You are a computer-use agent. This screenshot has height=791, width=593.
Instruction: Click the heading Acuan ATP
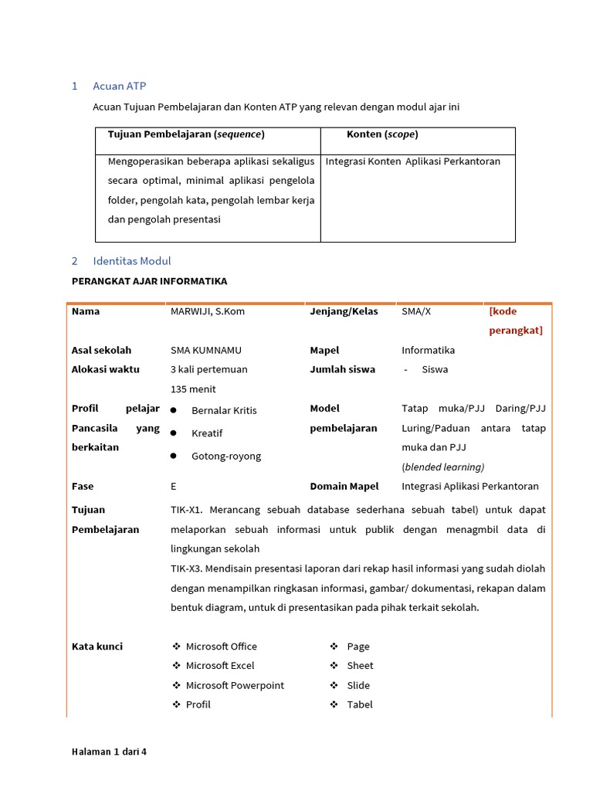[119, 86]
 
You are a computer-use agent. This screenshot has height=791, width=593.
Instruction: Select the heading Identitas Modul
[131, 261]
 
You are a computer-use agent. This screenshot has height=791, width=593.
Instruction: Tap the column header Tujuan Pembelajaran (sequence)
[186, 134]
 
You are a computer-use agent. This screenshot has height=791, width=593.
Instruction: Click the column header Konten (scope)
[382, 134]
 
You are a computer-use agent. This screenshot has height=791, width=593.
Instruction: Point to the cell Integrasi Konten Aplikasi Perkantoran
[413, 161]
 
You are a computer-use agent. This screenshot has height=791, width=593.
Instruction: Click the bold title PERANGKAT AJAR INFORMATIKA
[149, 281]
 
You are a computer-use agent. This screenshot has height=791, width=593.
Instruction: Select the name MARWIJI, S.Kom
[207, 311]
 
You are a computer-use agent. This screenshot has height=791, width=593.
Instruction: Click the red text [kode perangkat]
[515, 321]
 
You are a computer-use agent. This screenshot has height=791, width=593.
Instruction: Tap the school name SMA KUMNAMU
[205, 350]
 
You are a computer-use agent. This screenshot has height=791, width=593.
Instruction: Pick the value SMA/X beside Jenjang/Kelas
[416, 311]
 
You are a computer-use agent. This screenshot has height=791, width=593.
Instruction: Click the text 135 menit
[193, 389]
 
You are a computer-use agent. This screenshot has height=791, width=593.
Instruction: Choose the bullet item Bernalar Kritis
[224, 410]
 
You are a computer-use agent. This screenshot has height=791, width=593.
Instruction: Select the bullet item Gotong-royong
[226, 456]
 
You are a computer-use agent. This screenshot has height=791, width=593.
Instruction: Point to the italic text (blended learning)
[443, 467]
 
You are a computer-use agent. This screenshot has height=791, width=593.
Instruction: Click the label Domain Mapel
[344, 487]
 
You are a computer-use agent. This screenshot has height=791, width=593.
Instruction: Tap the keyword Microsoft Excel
[220, 666]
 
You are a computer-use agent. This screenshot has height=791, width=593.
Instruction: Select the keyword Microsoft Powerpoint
[235, 685]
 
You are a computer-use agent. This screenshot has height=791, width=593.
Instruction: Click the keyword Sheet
[360, 666]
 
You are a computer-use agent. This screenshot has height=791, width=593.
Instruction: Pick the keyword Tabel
[360, 704]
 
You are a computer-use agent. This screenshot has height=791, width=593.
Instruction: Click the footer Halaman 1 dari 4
[109, 751]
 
